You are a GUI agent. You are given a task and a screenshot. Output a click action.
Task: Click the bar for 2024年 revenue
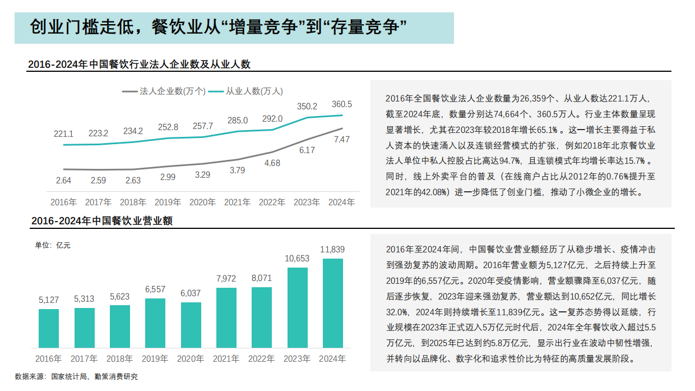coord(332,303)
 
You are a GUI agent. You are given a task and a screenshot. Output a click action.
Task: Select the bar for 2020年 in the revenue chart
coord(191,325)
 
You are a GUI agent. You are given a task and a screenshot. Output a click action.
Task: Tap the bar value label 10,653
coord(297,259)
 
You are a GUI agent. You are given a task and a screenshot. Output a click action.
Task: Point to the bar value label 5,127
coord(49,300)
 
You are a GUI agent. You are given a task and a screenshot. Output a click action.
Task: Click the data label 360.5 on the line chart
coord(342,104)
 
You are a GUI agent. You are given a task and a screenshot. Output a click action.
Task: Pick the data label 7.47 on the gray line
coord(342,140)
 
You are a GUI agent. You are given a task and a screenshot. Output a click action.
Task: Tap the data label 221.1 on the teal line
coord(63,134)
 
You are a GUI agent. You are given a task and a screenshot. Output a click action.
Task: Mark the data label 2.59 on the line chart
coord(98,181)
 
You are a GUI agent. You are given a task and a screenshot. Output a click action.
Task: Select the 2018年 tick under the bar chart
coord(120,358)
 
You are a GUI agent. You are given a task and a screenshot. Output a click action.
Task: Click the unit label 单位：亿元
coord(53,245)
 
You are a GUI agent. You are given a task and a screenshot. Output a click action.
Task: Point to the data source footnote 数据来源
coord(76,377)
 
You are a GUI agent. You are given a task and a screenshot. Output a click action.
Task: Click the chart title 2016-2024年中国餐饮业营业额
coord(101,221)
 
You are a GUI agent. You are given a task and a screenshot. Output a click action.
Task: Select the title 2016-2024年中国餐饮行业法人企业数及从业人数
coord(139,65)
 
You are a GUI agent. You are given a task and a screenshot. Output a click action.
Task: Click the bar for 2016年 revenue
coord(49,328)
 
